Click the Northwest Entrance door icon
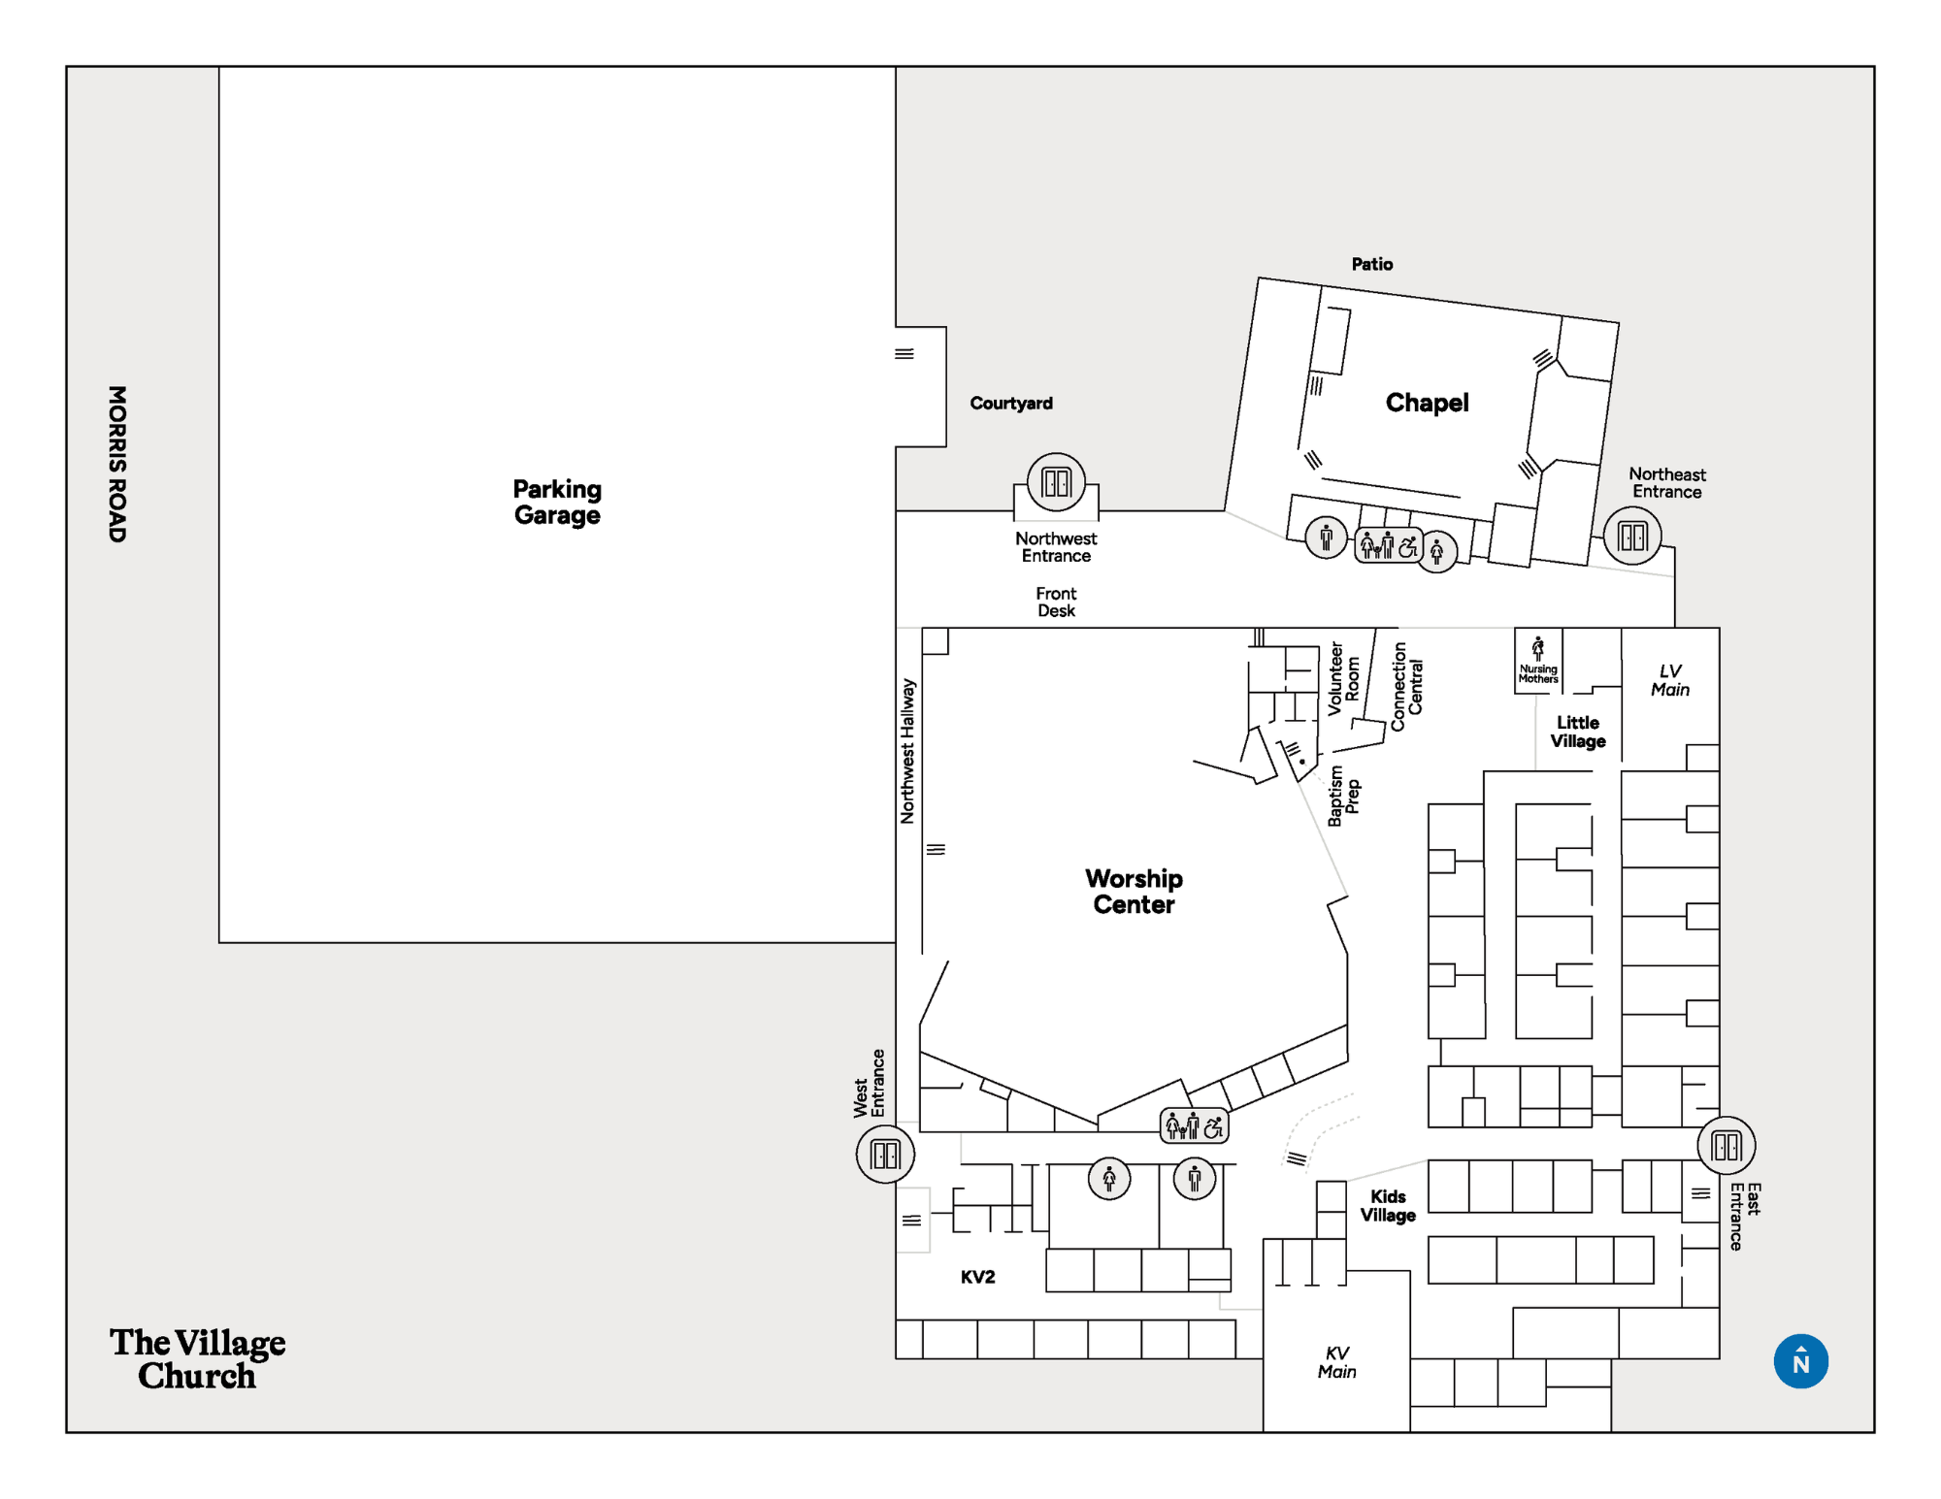[1056, 482]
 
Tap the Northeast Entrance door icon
[1632, 536]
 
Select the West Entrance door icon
[885, 1154]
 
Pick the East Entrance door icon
[1727, 1146]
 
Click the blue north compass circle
[1800, 1361]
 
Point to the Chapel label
[1427, 403]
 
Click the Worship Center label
[1134, 892]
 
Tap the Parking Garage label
[557, 502]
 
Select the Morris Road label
[117, 464]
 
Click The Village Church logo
[197, 1358]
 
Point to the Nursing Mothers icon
[1538, 661]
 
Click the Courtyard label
[1011, 403]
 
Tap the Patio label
[1372, 264]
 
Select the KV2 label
[977, 1277]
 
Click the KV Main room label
[1336, 1362]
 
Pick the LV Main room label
[1670, 680]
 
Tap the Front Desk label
[1056, 602]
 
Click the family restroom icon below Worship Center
[1195, 1125]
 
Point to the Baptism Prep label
[1344, 796]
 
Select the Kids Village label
[1388, 1206]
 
